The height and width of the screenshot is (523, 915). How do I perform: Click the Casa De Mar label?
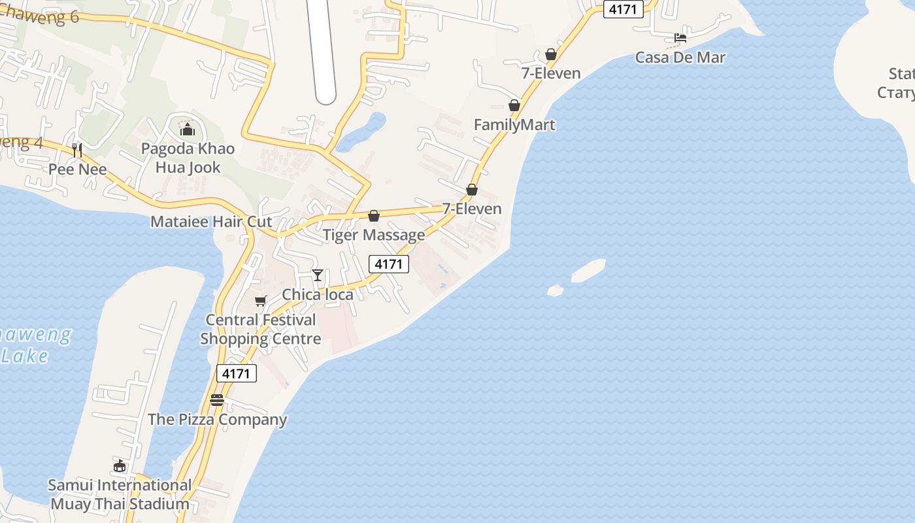(680, 58)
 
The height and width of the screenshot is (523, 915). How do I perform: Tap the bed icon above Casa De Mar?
(680, 38)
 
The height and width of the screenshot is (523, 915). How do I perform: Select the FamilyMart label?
(514, 125)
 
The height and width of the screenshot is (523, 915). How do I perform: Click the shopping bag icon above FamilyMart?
(514, 105)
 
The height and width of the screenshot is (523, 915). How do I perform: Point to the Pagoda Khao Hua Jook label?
(188, 158)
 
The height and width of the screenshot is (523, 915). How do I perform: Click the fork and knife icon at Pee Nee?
(77, 150)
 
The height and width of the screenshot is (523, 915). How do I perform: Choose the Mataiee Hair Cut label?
(211, 222)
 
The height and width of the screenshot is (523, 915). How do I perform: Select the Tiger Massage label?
(374, 235)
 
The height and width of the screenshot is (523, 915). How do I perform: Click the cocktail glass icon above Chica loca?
(318, 275)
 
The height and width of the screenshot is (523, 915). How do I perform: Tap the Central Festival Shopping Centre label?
(261, 329)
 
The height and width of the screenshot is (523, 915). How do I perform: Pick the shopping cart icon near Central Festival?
(261, 301)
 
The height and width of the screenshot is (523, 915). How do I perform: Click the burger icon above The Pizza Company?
(217, 400)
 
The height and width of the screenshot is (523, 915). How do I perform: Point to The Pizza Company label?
(218, 420)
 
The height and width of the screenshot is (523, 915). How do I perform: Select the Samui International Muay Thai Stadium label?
(120, 495)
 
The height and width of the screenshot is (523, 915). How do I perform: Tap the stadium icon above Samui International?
(119, 466)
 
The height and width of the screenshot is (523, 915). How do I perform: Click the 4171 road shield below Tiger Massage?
(389, 264)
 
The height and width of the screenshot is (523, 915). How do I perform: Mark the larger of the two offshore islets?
(588, 271)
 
